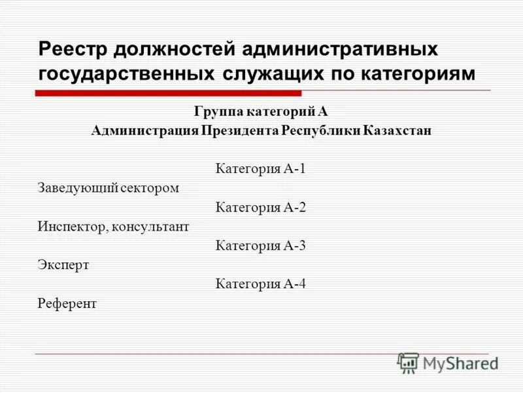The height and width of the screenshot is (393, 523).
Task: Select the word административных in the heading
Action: tap(340, 50)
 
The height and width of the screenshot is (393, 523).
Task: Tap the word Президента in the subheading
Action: tap(241, 130)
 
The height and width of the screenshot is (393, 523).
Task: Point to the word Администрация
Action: tap(144, 130)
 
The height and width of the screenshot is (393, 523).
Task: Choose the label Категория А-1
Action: tap(261, 169)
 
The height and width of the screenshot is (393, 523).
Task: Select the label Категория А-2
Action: tap(261, 208)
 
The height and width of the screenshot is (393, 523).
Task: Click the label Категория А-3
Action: tap(261, 246)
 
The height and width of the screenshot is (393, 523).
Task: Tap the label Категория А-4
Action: tap(261, 284)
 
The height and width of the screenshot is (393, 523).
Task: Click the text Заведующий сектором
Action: tap(108, 189)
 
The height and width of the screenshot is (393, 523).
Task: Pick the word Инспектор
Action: tap(72, 227)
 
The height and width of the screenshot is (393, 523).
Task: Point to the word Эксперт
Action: tap(63, 265)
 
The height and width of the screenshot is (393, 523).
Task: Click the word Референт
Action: tap(67, 304)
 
